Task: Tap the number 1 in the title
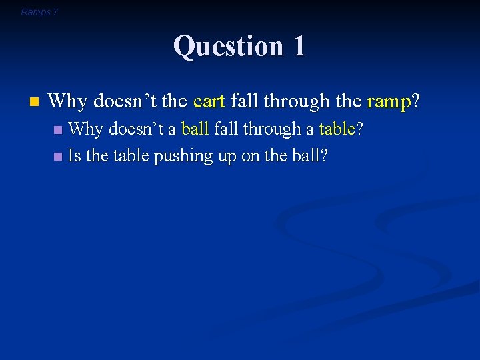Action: (x=299, y=46)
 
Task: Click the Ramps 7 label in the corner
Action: (x=39, y=12)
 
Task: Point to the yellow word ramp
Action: (x=389, y=102)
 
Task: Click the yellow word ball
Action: (x=195, y=129)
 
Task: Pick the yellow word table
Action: (x=337, y=129)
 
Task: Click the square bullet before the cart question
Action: (x=35, y=102)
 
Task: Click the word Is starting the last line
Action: (x=75, y=156)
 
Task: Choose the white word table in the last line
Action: (x=131, y=156)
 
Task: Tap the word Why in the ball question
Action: (x=85, y=129)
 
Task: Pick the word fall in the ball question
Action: (x=227, y=129)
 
